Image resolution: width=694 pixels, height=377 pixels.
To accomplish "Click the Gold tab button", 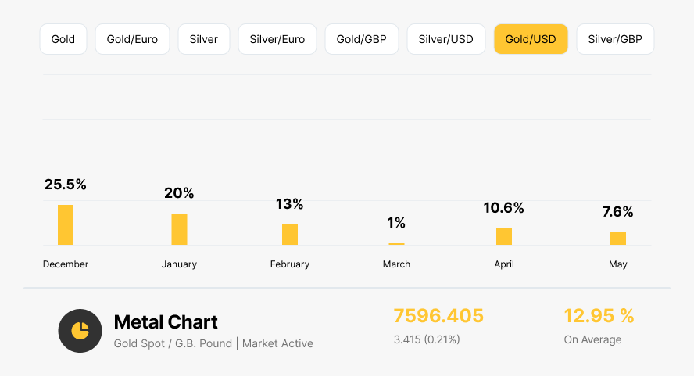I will [x=63, y=39].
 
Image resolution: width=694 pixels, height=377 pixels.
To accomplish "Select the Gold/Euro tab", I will [x=132, y=39].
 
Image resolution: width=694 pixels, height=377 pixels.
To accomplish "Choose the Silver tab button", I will [x=204, y=39].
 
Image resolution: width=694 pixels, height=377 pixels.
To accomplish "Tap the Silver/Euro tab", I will [x=277, y=39].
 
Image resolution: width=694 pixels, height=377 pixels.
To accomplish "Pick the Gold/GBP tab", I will [x=362, y=39].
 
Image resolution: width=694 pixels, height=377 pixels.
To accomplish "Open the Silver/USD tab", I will [x=445, y=39].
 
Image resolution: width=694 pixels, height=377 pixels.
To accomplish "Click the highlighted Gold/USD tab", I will [x=531, y=39].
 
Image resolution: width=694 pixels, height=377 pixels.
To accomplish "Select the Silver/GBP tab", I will [x=615, y=39].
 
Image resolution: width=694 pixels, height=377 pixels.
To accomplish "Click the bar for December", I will [x=66, y=225].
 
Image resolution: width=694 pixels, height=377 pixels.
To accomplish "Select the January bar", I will [x=180, y=229].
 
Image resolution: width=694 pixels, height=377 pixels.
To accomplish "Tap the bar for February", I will [x=290, y=235].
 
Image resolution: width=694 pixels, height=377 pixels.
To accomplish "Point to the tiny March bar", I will [x=397, y=244].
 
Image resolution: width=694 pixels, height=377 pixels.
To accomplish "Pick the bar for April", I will [x=504, y=236].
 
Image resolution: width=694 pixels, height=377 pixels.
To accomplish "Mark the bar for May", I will [x=618, y=239].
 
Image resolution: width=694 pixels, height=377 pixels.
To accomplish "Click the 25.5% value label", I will [x=66, y=185].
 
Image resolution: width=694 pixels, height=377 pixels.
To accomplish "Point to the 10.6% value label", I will [x=504, y=208].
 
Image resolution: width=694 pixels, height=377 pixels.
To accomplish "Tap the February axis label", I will [x=290, y=264].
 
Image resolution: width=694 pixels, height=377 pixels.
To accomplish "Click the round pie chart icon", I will [x=80, y=331].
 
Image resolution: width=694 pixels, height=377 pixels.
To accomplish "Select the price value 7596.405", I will [x=438, y=316].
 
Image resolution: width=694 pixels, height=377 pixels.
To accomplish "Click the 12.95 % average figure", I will [x=599, y=316].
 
